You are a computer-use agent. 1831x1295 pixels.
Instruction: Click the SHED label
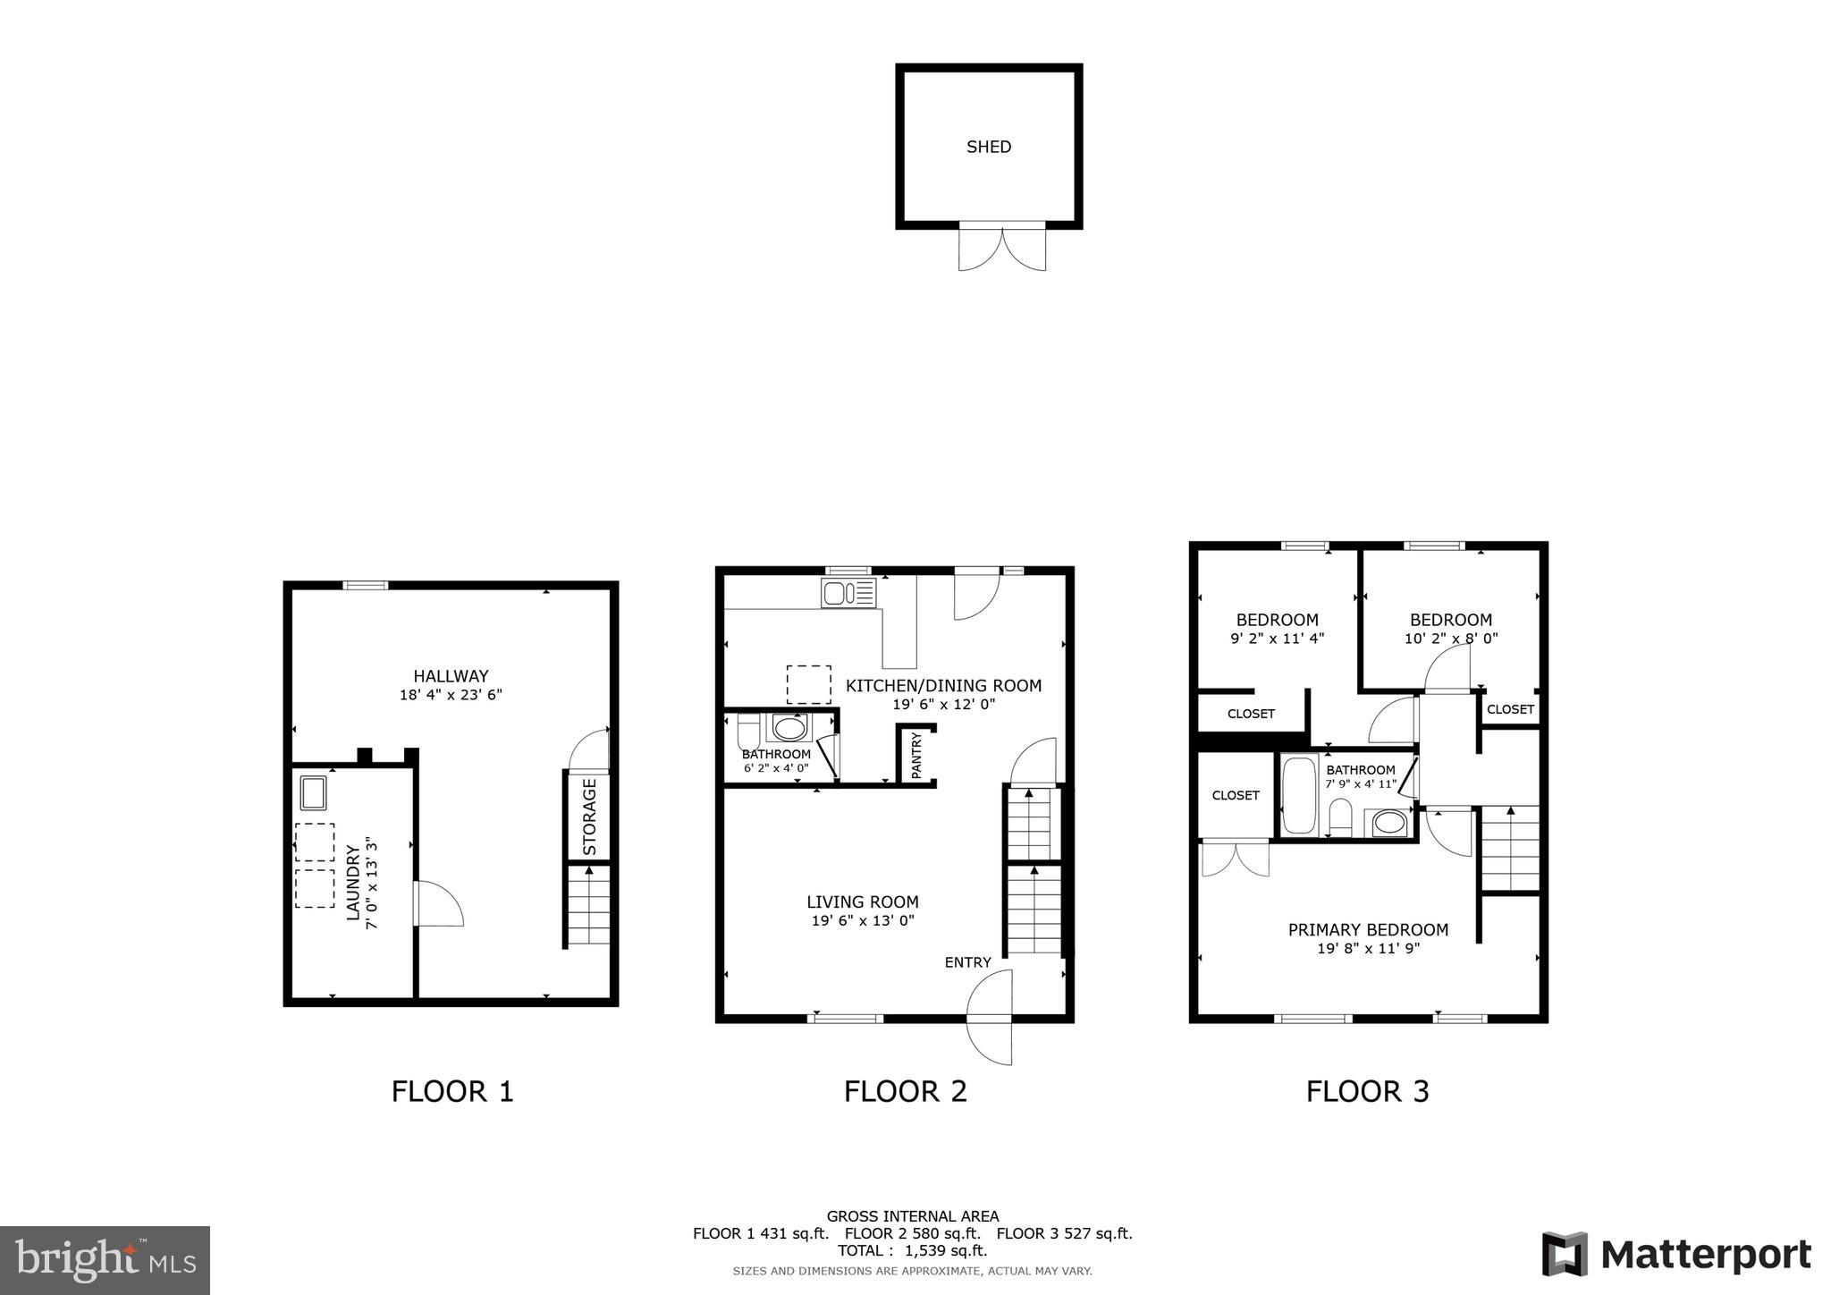tap(988, 147)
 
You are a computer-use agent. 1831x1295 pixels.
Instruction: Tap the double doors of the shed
tap(1001, 248)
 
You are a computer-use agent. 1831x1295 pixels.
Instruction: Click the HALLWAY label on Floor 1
tap(451, 676)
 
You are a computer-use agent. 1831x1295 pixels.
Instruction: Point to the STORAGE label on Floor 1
tap(589, 817)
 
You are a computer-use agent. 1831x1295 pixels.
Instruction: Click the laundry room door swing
tap(439, 903)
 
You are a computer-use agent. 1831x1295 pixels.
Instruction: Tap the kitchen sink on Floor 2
tap(848, 593)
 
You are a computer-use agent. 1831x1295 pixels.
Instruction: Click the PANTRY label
tap(915, 755)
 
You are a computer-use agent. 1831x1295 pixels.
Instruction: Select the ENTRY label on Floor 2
tap(967, 962)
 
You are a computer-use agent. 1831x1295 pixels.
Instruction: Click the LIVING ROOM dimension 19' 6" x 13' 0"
tap(862, 920)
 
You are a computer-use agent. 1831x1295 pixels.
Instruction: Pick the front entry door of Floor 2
tap(991, 1018)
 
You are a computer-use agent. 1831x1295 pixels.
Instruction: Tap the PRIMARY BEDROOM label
tap(1368, 930)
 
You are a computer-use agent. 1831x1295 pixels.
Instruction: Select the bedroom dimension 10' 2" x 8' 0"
tap(1450, 639)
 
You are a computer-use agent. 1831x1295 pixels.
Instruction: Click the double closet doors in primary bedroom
tap(1235, 859)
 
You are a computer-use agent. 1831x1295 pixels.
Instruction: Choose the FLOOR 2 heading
tap(905, 1091)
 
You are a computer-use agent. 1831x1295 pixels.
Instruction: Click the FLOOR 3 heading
tap(1367, 1091)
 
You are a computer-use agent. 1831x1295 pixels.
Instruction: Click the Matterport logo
tap(1675, 1255)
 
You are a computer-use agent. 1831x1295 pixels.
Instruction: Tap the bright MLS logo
tap(105, 1260)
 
